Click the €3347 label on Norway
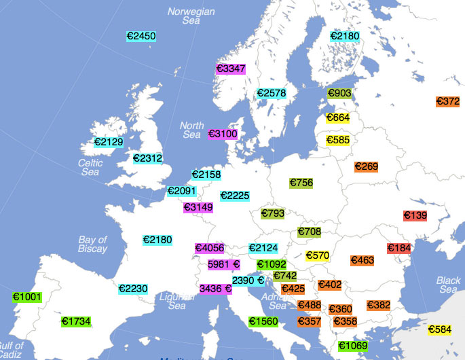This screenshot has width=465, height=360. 230,69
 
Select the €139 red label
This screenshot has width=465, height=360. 415,215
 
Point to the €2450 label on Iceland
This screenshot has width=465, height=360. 141,36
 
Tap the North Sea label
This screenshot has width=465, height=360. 191,130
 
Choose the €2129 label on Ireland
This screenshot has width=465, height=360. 109,142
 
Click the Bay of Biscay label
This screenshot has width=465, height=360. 92,244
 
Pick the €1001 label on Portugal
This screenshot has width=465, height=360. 27,297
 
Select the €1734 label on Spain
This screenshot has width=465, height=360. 75,321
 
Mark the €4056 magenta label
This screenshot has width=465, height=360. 210,248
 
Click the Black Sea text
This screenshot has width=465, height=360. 448,285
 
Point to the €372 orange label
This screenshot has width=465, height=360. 448,101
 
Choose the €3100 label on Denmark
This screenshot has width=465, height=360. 223,134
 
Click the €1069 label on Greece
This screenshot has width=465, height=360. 353,346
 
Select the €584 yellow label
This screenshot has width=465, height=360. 440,329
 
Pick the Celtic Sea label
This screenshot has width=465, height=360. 90,167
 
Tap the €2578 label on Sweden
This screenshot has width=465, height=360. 271,93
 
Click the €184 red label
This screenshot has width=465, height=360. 399,248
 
